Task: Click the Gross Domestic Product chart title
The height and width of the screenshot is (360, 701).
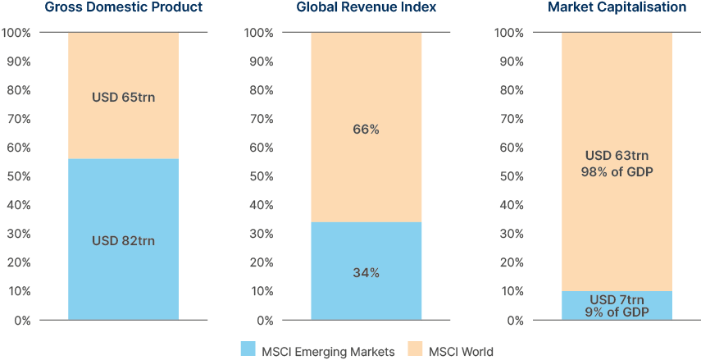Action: coord(123,7)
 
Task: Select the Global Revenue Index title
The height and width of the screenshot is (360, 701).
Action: coord(366,7)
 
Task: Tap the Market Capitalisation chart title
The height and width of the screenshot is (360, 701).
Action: coord(617,7)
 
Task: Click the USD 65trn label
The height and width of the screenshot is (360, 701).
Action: coord(123,98)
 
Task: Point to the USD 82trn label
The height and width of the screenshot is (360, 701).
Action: coord(123,241)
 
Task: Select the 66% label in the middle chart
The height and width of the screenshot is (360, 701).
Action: coord(366,130)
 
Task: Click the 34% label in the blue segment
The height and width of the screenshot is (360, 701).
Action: coord(366,273)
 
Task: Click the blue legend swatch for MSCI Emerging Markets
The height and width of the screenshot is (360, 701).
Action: coord(248,350)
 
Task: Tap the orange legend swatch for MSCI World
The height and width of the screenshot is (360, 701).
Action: coord(417,350)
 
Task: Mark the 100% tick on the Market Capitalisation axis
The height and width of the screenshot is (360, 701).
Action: coord(508,33)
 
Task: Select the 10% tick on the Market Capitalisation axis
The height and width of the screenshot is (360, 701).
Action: coord(510,291)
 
